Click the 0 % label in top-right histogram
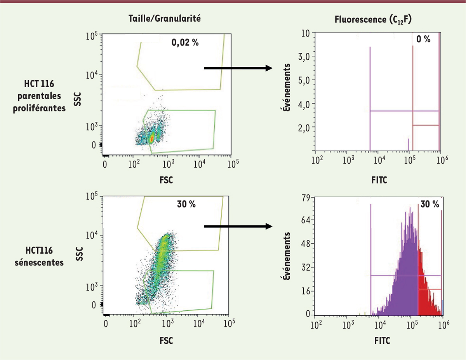coord(423,39)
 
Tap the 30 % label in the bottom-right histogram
coord(429,204)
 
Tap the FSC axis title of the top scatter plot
coord(166,180)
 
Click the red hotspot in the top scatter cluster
coord(152,137)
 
